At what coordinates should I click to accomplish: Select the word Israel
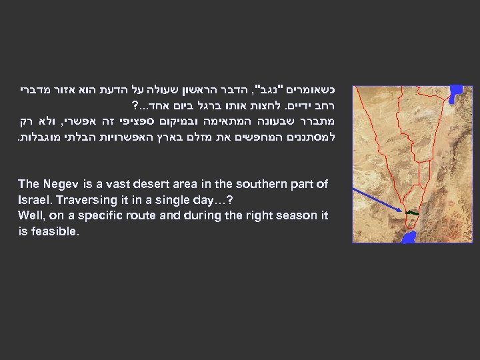coord(36,200)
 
